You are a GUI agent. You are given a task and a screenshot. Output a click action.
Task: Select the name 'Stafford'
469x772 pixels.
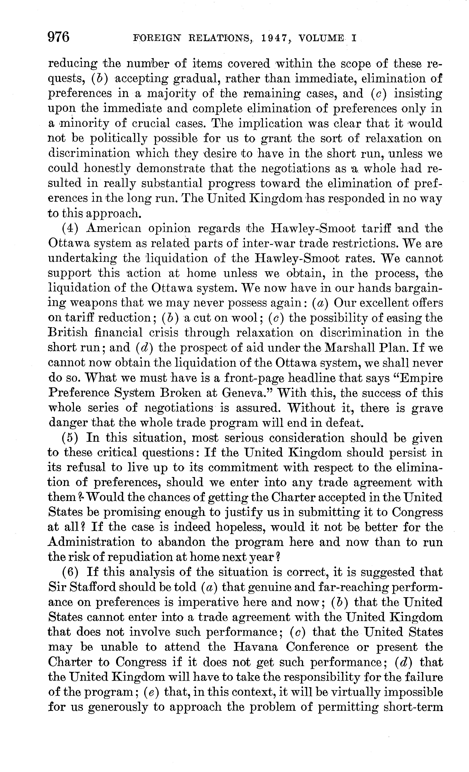click(x=92, y=587)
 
